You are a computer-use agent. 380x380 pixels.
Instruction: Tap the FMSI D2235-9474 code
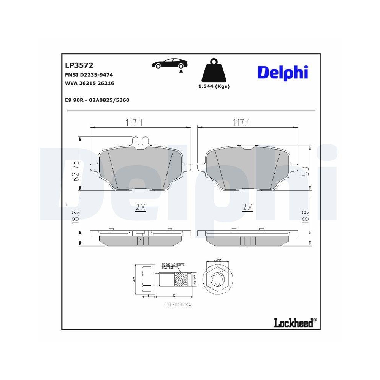[89, 75]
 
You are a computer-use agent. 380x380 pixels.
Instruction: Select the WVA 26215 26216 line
[90, 83]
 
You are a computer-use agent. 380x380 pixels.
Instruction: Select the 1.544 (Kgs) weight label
[214, 86]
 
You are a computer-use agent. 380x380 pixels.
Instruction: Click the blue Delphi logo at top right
[282, 72]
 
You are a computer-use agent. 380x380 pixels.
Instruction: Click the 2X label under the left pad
[141, 207]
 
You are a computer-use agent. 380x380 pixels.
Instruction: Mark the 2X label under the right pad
[247, 207]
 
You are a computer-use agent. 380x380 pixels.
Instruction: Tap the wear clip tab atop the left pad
[141, 141]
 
